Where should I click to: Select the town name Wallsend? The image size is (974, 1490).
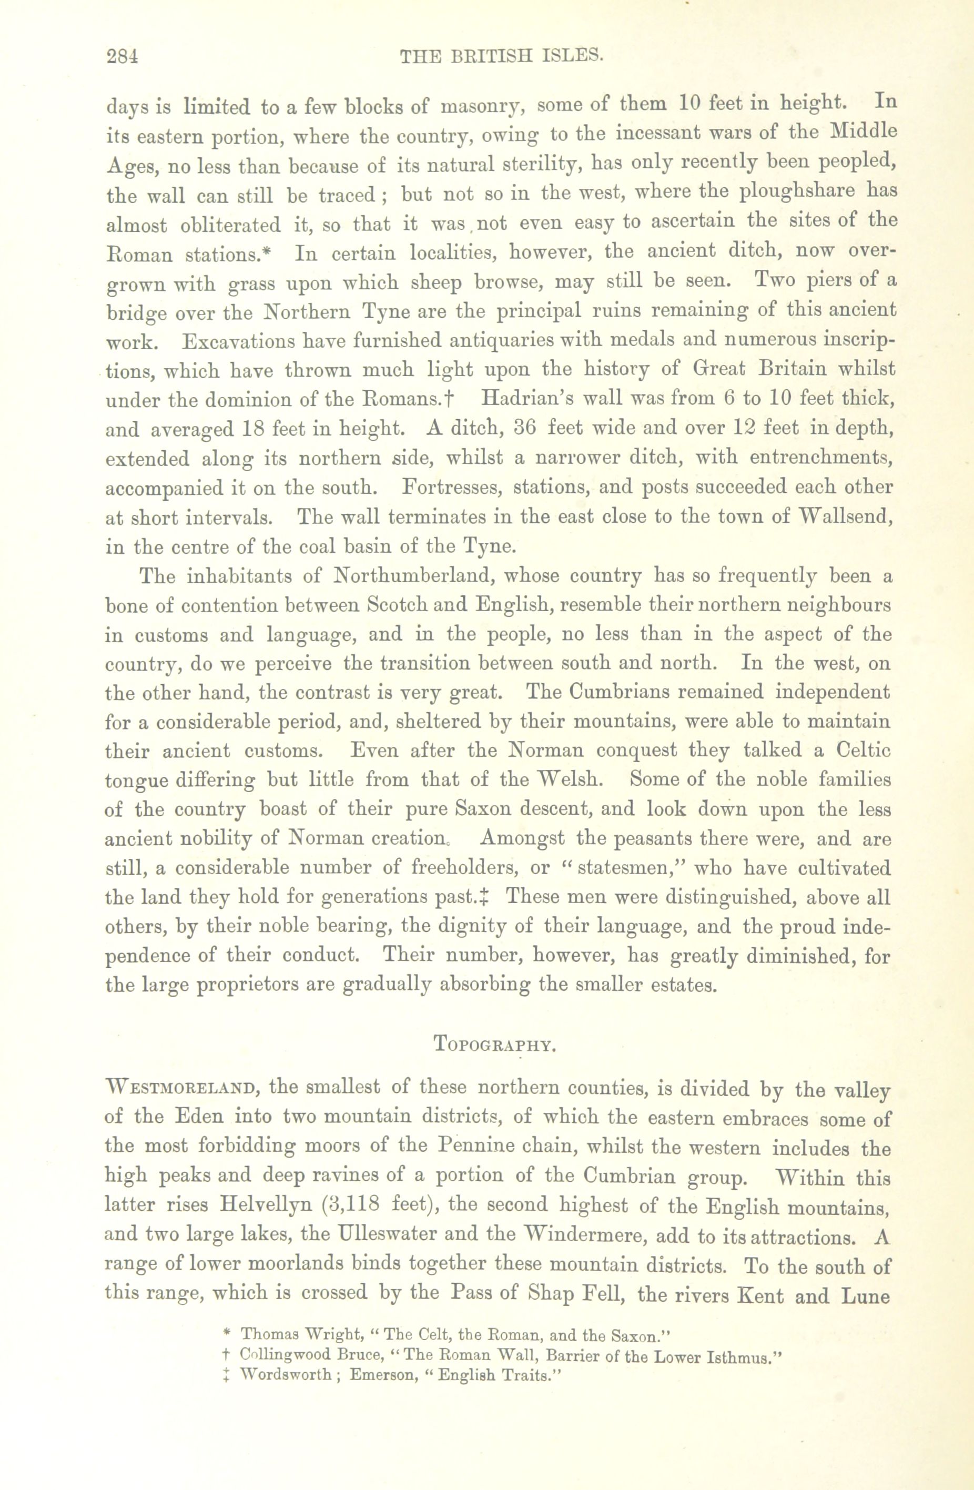pyautogui.click(x=845, y=518)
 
